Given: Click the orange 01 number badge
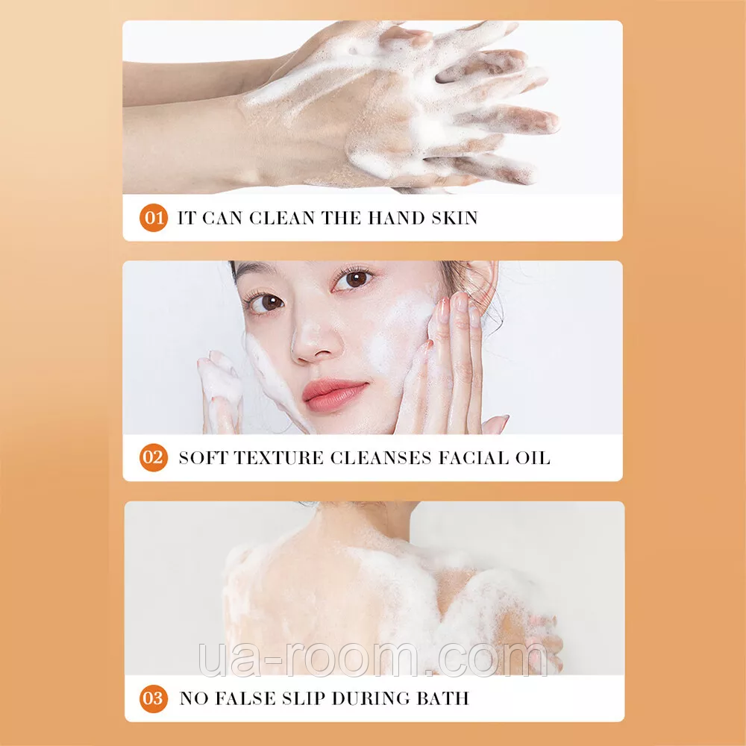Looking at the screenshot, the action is coord(154,218).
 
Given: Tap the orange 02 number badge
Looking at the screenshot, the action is coord(154,458).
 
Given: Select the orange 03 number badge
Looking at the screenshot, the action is coord(154,698).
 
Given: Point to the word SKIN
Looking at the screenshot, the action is coord(455,218).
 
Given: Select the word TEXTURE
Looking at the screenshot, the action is coord(279,458).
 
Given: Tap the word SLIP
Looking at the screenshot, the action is coord(303,698).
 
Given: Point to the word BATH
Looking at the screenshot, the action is coord(443,698).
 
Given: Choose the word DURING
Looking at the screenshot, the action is coord(371,698).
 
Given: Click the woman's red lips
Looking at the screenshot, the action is coord(334,395).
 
